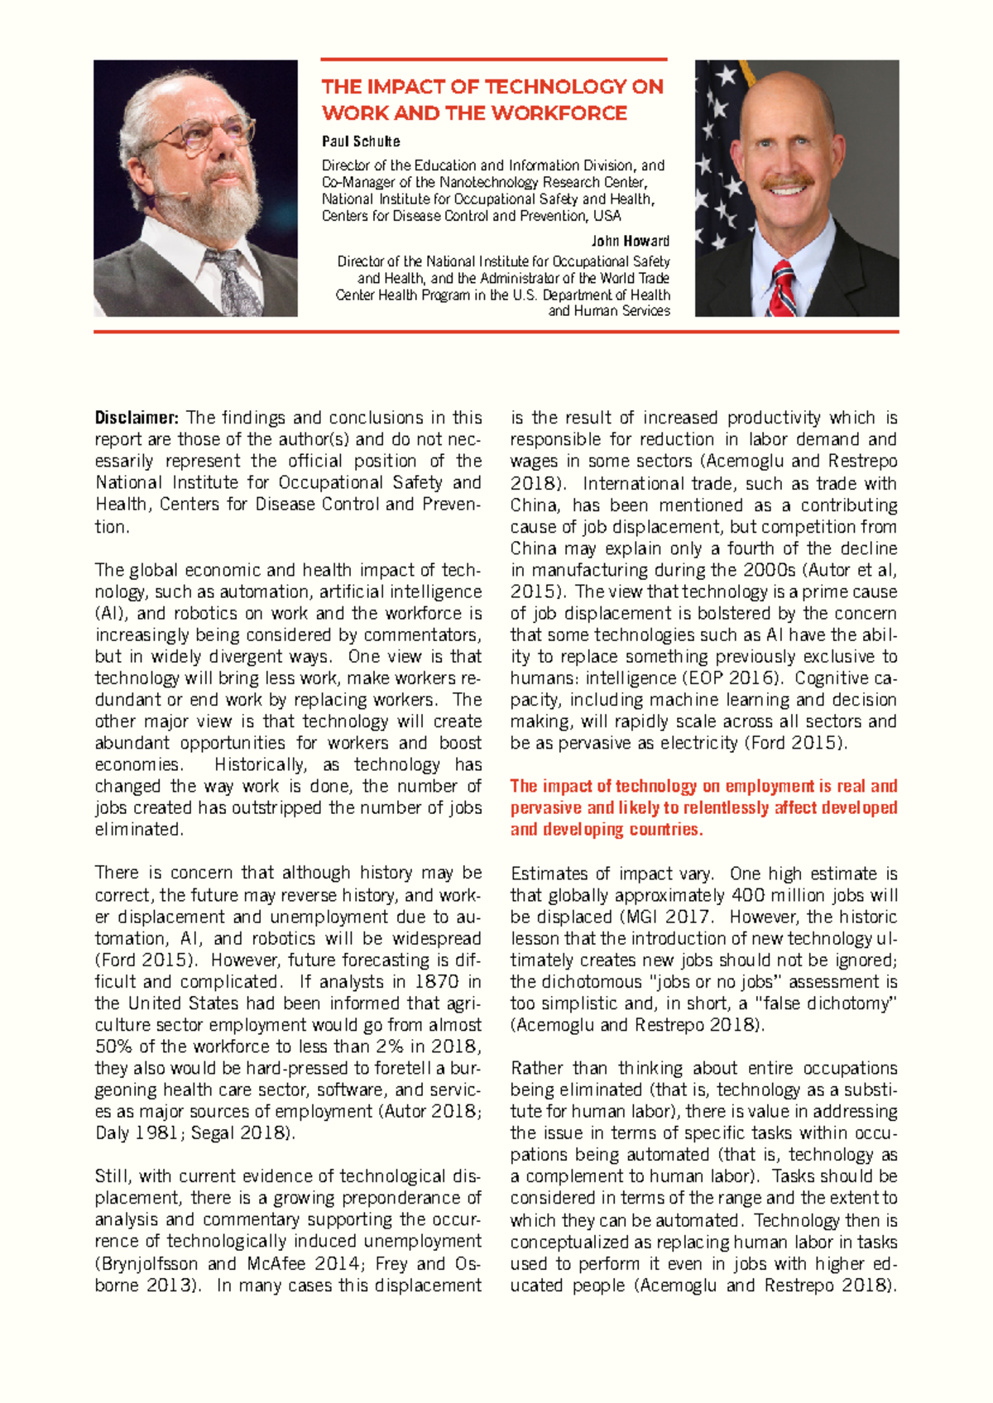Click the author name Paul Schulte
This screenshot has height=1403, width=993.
click(361, 141)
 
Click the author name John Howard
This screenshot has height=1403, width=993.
click(630, 242)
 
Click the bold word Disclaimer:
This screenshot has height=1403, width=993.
click(137, 418)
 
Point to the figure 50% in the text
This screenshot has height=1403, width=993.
click(113, 1046)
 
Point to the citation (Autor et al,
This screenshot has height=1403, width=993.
click(844, 570)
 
